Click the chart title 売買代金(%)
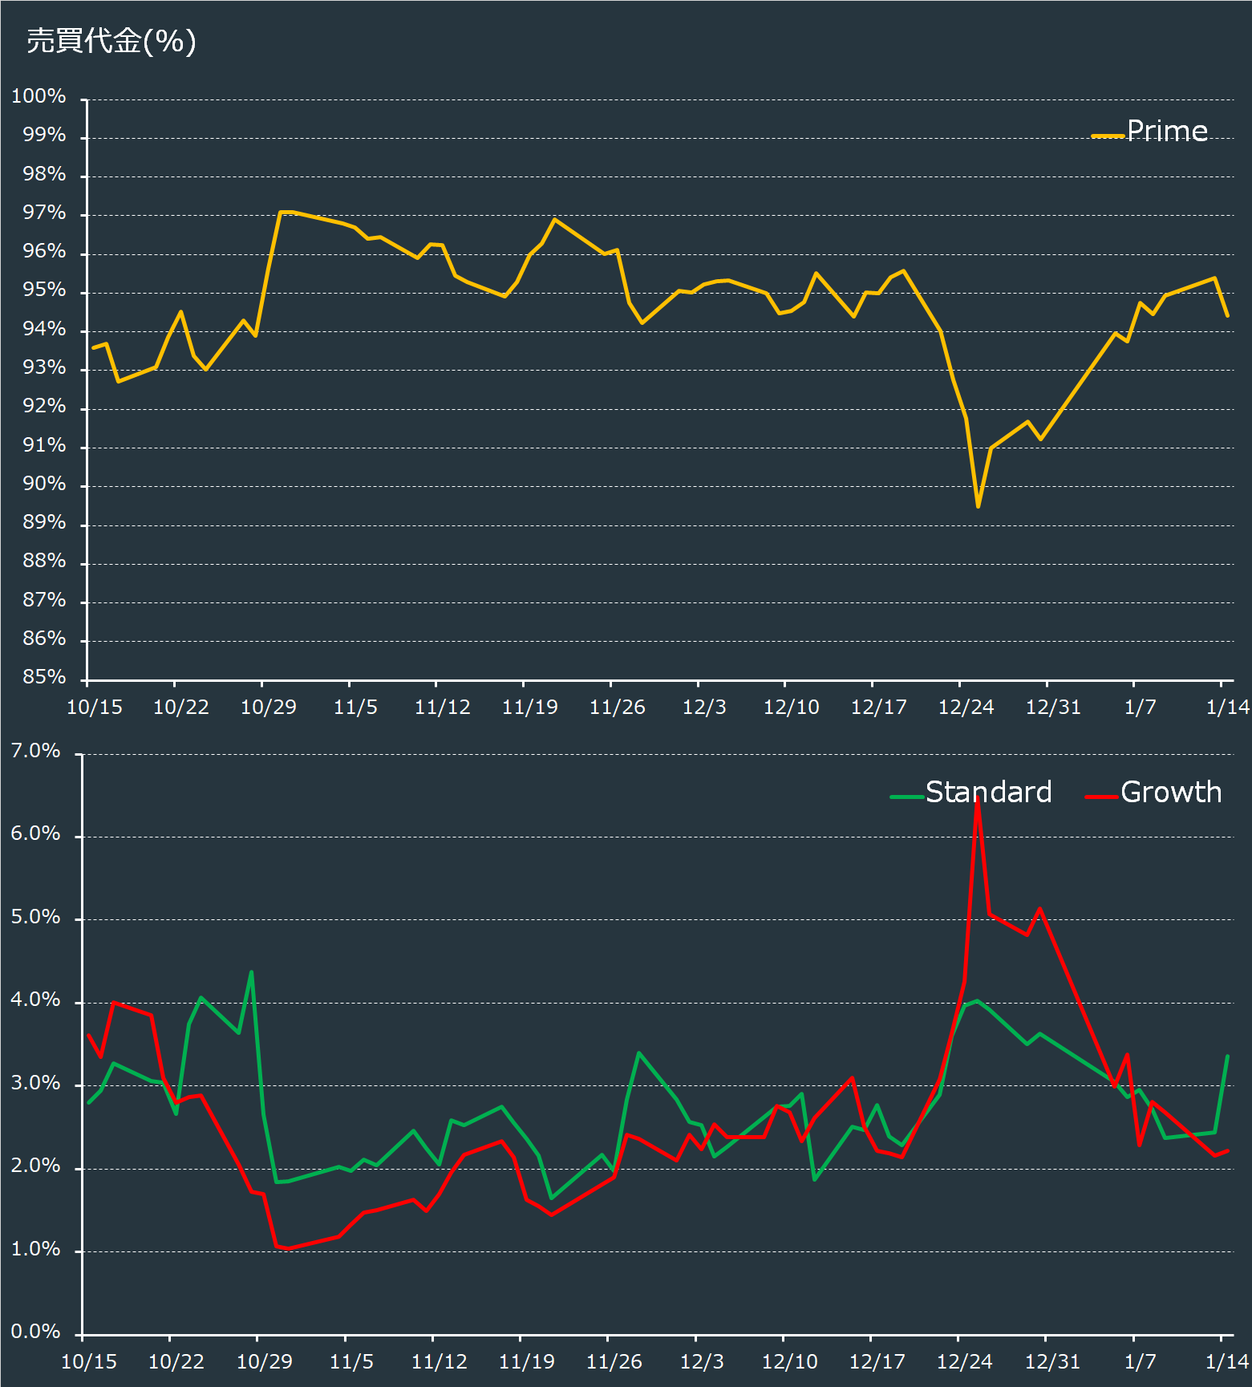[x=111, y=41]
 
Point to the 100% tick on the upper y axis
[x=38, y=96]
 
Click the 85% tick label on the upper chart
[x=44, y=677]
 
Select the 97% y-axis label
[x=44, y=213]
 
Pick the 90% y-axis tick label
[x=44, y=484]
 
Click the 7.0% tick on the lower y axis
[x=35, y=751]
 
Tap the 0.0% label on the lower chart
[x=35, y=1332]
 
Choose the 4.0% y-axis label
[x=35, y=1000]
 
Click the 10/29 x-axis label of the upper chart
[x=269, y=707]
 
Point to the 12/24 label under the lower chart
[x=965, y=1361]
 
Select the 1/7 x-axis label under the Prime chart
[x=1140, y=707]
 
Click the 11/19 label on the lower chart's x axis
[x=526, y=1361]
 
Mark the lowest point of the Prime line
[x=978, y=506]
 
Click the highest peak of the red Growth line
[x=977, y=799]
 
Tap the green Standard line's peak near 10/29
[x=252, y=972]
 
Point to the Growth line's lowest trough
[x=289, y=1248]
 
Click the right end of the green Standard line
[x=1228, y=1056]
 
